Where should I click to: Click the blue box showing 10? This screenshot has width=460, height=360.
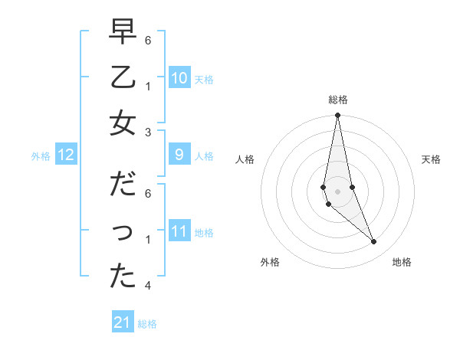pos(179,78)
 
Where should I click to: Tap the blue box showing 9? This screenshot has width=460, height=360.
pos(179,155)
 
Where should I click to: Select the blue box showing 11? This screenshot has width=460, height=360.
pos(179,232)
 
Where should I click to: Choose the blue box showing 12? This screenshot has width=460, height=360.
pos(65,155)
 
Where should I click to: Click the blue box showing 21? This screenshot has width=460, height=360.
pos(123,322)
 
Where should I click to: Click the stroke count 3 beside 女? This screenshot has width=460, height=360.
pos(148,132)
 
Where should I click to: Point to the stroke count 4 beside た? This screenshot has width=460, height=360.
pos(148,286)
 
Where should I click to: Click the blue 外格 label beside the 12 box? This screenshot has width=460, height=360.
pos(41,156)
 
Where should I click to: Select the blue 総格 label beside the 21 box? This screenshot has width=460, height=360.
pos(147,324)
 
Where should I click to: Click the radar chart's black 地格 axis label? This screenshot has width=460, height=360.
pos(402,262)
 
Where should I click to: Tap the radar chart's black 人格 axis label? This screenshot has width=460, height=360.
pos(245,159)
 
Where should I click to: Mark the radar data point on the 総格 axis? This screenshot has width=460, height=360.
pos(337,116)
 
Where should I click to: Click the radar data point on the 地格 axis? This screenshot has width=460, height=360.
pos(373,242)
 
